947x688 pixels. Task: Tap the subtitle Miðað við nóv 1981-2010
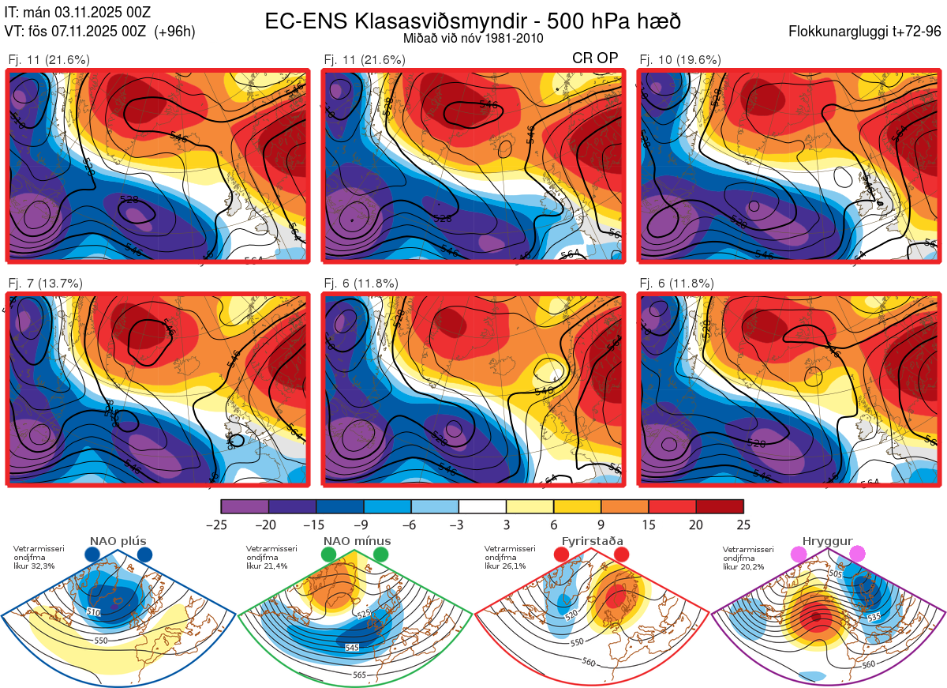473,38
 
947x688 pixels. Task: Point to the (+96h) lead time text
175,32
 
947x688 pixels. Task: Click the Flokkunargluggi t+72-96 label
865,32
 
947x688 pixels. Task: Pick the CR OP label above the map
595,58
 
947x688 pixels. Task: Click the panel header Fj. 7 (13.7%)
46,284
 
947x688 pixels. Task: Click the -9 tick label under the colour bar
364,524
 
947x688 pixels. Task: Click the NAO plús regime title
117,541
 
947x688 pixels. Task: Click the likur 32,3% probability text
35,566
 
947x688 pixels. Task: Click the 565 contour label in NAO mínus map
359,675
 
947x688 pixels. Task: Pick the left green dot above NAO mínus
329,555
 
